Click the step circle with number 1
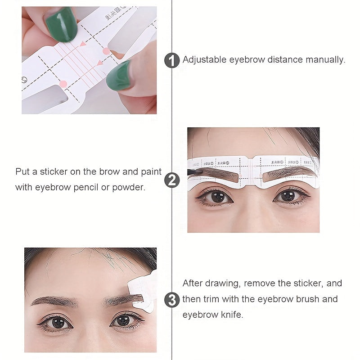point(172,60)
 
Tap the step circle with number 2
point(172,180)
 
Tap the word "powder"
point(130,187)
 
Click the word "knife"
point(231,315)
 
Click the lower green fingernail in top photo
point(119,75)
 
